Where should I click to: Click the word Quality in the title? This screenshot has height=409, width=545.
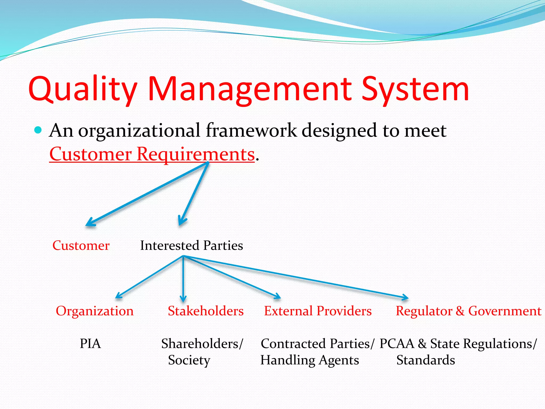coord(82,89)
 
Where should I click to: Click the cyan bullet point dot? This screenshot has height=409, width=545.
coord(38,130)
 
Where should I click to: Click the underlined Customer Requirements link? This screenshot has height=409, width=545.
coord(152,154)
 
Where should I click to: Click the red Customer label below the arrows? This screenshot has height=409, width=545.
coord(81,246)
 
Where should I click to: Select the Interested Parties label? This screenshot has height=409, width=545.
coord(191,246)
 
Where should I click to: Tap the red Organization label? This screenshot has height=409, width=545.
coord(94,311)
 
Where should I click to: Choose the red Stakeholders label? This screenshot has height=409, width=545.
coord(205,311)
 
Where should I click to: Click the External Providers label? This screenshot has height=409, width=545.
coord(317,311)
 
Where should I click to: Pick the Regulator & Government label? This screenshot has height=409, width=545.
coord(468,311)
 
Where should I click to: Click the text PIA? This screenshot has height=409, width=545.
coord(90,344)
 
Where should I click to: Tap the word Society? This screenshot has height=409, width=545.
coord(189,360)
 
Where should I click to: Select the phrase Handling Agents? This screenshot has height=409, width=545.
coord(309,360)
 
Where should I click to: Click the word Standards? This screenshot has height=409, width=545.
coord(426,360)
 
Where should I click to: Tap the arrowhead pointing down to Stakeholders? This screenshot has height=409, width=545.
coord(183,299)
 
